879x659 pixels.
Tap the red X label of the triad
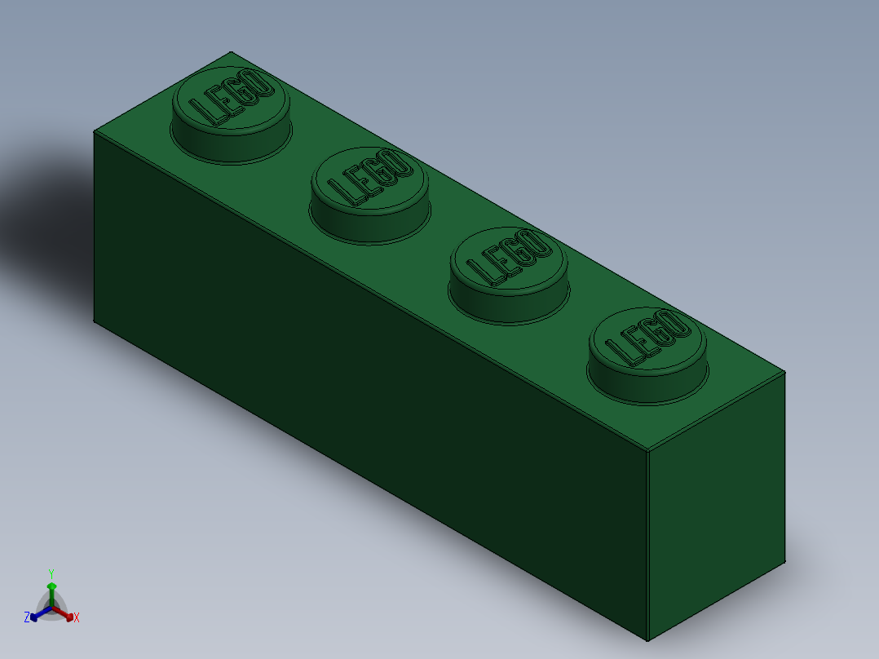click(x=77, y=617)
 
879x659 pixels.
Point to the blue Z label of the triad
click(x=26, y=617)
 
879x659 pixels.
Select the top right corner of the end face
click(x=784, y=373)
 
